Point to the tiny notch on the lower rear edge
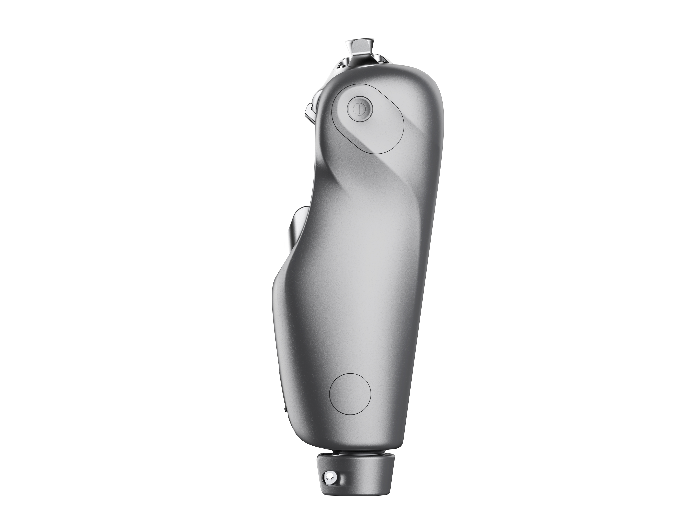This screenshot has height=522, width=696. click(x=285, y=410)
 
